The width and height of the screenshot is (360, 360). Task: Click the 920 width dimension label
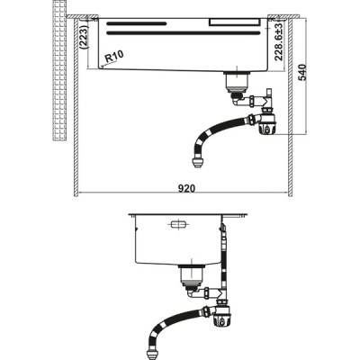click(186, 188)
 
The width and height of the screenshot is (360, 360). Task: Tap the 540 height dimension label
click(303, 72)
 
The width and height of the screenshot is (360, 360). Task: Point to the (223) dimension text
click(85, 36)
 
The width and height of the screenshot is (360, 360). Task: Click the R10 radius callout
click(113, 56)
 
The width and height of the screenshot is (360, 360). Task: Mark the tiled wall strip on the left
click(59, 70)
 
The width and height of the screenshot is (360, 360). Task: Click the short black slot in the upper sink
click(137, 23)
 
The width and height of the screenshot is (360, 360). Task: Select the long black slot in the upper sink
click(183, 33)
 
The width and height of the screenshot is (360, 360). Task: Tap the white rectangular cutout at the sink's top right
click(235, 22)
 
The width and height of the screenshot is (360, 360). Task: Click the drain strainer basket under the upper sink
click(237, 83)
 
